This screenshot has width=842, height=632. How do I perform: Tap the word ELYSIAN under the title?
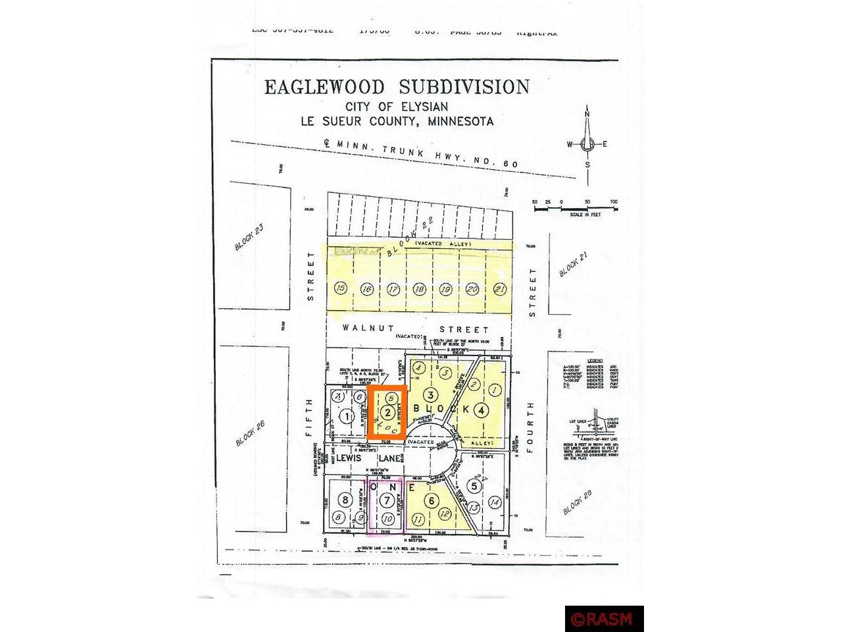(422, 107)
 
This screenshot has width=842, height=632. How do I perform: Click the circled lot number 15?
(340, 288)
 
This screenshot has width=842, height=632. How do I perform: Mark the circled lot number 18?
(418, 288)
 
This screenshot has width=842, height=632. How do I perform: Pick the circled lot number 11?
(417, 519)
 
